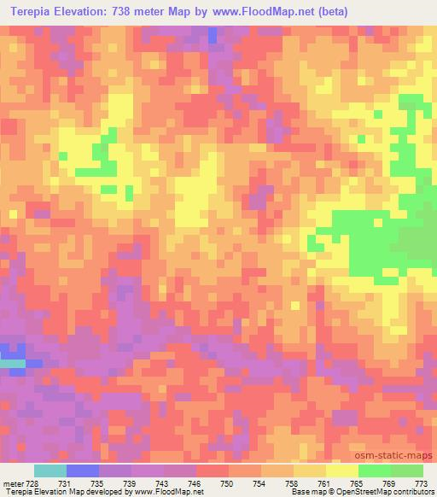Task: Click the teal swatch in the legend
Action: (x=50, y=471)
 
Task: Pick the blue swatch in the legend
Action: (x=83, y=471)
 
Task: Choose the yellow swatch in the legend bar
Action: (x=341, y=471)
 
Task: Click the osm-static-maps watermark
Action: (x=393, y=455)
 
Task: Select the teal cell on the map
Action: (x=12, y=364)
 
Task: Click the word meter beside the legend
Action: (x=15, y=483)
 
